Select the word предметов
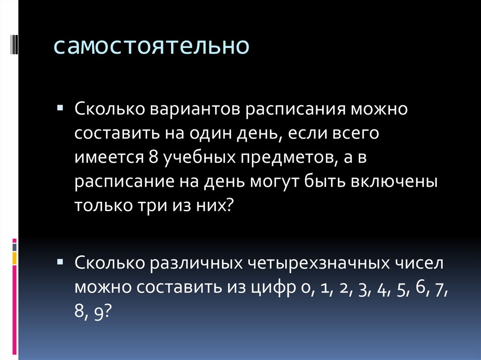(x=287, y=159)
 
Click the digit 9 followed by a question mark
(x=99, y=311)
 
